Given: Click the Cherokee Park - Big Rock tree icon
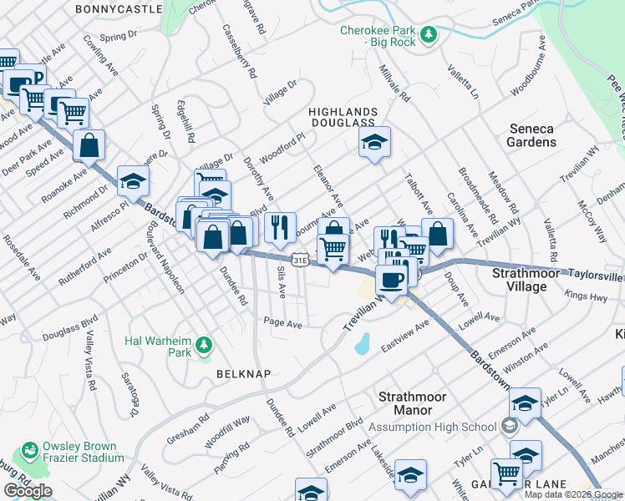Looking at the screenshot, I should pos(428,34).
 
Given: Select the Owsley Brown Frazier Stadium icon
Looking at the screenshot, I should pos(31,451).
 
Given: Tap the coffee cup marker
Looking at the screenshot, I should pos(390,278).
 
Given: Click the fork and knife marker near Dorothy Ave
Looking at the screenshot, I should pos(280,226).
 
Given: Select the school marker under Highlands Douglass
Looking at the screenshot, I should pos(375,143).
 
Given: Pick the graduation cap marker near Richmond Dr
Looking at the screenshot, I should pos(133,180).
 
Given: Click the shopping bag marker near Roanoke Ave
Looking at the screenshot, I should pos(89,145).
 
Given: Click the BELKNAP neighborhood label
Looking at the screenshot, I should pos(243,374).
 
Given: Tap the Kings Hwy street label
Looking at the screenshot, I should pos(585,296).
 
